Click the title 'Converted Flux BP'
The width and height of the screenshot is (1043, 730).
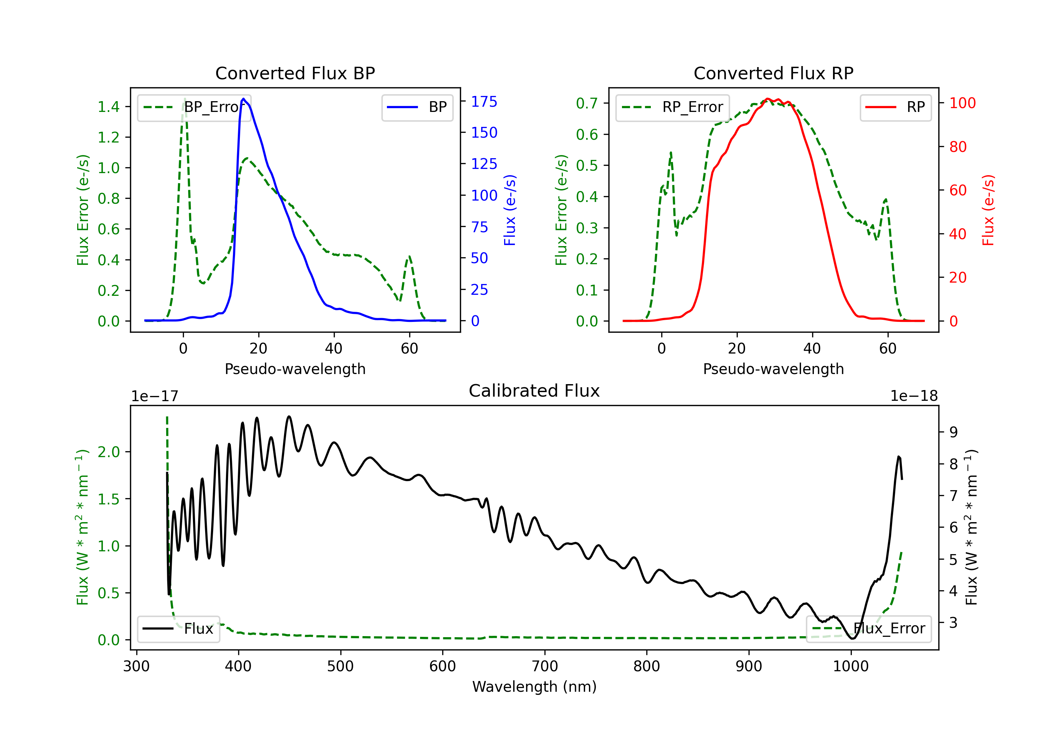[x=295, y=73]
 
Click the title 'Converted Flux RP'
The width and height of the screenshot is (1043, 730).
[x=773, y=73]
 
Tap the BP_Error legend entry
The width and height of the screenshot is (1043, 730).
[x=194, y=107]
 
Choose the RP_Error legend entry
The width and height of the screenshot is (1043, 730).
[x=672, y=107]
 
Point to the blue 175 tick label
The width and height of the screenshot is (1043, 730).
[x=484, y=102]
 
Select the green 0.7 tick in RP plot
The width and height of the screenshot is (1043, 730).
[x=587, y=104]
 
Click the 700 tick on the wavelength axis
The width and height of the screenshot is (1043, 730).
[x=544, y=666]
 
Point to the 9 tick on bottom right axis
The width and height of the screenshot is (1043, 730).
[x=954, y=432]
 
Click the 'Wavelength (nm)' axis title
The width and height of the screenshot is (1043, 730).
[x=534, y=687]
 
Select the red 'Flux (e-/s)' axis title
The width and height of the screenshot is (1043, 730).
[x=988, y=210]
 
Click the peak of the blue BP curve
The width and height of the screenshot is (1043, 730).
[x=243, y=99]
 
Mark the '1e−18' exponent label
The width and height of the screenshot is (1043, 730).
[x=914, y=396]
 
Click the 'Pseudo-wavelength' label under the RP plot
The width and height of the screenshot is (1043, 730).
[x=773, y=369]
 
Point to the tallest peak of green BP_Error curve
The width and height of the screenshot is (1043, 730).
[x=184, y=99]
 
